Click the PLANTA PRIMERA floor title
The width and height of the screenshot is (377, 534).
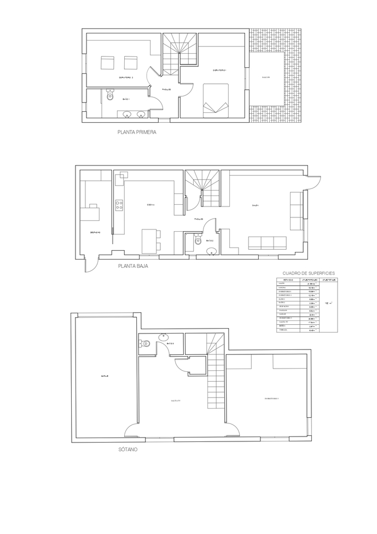coord(137,132)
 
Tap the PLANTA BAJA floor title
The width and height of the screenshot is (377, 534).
coord(134,268)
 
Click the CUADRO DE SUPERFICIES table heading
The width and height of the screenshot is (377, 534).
coord(309,273)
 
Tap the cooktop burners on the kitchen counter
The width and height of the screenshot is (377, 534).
coord(119,205)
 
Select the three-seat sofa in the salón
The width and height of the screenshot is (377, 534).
coord(268,243)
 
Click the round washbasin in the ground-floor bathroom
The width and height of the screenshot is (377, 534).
coord(212,251)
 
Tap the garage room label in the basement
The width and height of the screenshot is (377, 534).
coord(105,376)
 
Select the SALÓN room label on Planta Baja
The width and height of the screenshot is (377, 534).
coord(256,205)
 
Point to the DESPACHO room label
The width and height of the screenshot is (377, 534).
coord(95,232)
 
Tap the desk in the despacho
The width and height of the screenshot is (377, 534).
coord(90,213)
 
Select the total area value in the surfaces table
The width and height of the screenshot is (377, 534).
coord(328,302)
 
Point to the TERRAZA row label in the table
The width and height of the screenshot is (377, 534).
coord(282,330)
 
